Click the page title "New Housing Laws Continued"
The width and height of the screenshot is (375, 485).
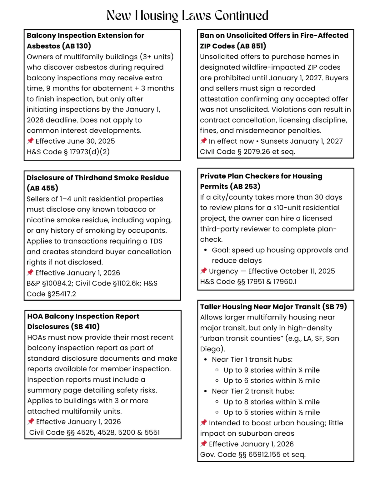point(187,15)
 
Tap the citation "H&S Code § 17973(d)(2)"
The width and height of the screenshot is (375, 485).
point(68,152)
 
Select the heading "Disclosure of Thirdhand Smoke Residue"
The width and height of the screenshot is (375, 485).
point(97,178)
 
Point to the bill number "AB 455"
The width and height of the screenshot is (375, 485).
point(42,188)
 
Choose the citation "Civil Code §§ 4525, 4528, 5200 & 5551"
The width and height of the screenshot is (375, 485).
point(94,433)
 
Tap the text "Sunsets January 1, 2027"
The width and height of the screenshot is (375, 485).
point(302,141)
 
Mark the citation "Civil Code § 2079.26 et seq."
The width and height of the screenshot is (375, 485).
point(247,152)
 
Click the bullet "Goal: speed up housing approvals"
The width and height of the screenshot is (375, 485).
point(280,250)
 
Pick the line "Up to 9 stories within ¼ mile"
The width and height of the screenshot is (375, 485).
point(272,370)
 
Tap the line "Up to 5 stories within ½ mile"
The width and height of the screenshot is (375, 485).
point(272,412)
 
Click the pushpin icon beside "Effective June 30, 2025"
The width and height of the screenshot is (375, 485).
point(30,141)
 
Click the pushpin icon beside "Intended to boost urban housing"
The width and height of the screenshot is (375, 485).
point(204,423)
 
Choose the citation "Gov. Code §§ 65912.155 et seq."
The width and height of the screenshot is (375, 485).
point(253,454)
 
